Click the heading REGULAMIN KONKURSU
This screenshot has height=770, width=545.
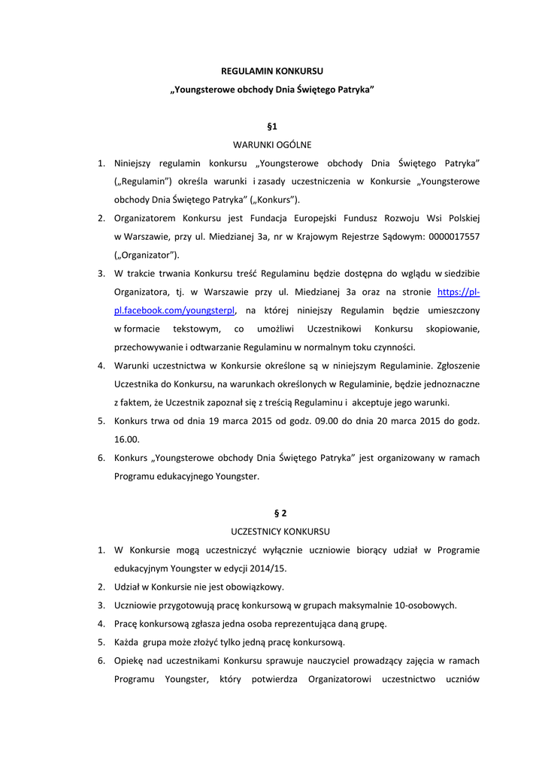(x=272, y=71)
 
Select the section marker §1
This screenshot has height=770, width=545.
(x=272, y=126)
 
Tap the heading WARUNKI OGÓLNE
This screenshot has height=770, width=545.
(x=272, y=144)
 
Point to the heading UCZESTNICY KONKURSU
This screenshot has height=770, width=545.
(x=280, y=532)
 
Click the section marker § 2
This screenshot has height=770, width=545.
(x=280, y=514)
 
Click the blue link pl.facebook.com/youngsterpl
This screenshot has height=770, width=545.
(x=174, y=311)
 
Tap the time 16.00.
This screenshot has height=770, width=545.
(x=127, y=439)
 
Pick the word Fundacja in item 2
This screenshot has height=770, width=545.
(x=285, y=219)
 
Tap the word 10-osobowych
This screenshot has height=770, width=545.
(x=426, y=605)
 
